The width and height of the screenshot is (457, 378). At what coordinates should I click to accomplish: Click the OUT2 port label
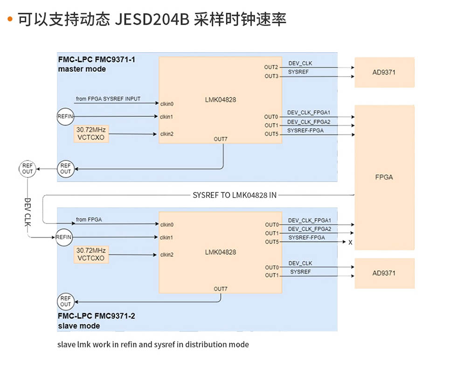271,67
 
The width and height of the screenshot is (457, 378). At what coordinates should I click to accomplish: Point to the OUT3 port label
271,76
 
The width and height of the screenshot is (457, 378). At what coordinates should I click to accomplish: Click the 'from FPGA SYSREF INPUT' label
108,99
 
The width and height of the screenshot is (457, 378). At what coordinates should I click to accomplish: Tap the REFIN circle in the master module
65,116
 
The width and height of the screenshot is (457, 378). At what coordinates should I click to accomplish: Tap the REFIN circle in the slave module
64,237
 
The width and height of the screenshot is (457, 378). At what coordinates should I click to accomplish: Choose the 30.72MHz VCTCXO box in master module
91,133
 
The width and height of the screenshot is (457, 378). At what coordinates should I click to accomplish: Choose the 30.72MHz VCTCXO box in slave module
91,254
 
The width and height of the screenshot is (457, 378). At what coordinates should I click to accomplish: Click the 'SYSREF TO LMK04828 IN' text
234,195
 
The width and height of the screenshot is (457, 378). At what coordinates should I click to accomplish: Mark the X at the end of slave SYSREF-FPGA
350,242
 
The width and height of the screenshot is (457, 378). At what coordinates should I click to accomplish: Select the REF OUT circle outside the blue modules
28,168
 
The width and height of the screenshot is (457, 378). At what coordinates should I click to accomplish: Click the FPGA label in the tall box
384,177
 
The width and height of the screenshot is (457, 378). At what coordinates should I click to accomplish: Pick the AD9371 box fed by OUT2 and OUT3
384,72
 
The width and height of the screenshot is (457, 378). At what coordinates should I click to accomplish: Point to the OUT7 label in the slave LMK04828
221,289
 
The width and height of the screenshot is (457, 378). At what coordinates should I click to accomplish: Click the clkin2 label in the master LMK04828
167,134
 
